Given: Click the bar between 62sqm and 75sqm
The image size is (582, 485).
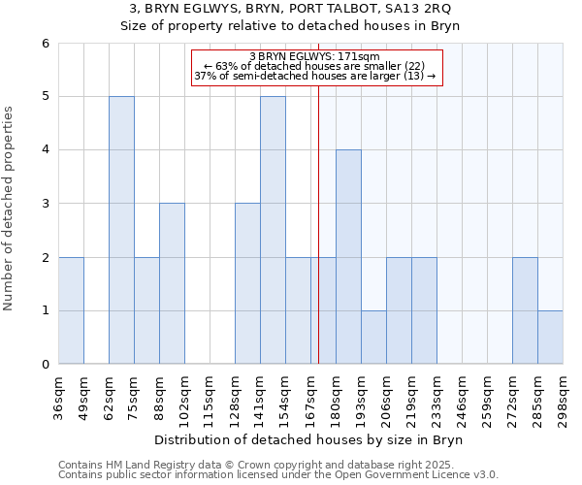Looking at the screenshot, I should pyautogui.click(x=121, y=230).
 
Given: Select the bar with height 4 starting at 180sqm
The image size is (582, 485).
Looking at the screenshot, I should pyautogui.click(x=348, y=257).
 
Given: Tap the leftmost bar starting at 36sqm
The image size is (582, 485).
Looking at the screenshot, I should pyautogui.click(x=71, y=310).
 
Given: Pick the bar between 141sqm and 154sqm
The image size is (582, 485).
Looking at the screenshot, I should pyautogui.click(x=273, y=230).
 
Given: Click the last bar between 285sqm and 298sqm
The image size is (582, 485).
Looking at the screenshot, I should pyautogui.click(x=550, y=338).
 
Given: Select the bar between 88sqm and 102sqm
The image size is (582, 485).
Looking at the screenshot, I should pyautogui.click(x=172, y=283).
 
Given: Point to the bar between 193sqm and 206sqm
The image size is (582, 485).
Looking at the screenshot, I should pyautogui.click(x=373, y=338).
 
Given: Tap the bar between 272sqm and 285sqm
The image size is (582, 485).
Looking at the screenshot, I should pyautogui.click(x=525, y=310).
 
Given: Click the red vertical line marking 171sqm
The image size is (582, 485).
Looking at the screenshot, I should pyautogui.click(x=318, y=242).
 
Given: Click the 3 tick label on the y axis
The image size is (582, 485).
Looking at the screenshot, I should pyautogui.click(x=45, y=204).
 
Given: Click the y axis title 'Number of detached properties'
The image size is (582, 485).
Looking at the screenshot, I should pyautogui.click(x=10, y=209).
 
